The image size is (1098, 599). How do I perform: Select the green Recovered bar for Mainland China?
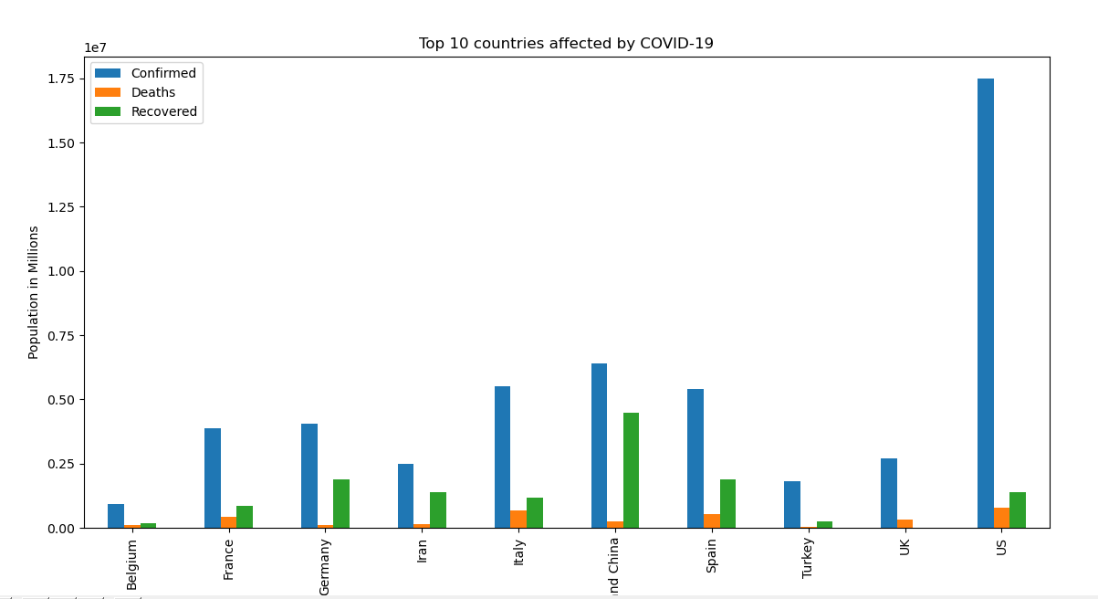click(x=631, y=470)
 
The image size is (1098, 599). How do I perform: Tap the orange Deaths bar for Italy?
click(x=518, y=519)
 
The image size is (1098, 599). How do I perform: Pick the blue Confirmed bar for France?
click(x=212, y=478)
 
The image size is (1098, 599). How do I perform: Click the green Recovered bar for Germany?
click(x=341, y=503)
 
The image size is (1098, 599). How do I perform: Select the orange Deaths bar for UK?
click(x=905, y=523)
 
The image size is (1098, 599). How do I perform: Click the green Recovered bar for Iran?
click(x=438, y=510)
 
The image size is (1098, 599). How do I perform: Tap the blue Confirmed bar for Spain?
click(x=695, y=458)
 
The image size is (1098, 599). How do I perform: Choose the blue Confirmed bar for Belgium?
click(x=116, y=516)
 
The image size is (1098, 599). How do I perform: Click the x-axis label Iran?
click(x=422, y=550)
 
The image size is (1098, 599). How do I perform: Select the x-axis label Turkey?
click(x=808, y=557)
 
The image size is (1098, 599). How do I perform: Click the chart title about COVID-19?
click(x=566, y=44)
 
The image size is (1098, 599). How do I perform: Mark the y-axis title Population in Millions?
click(x=34, y=292)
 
